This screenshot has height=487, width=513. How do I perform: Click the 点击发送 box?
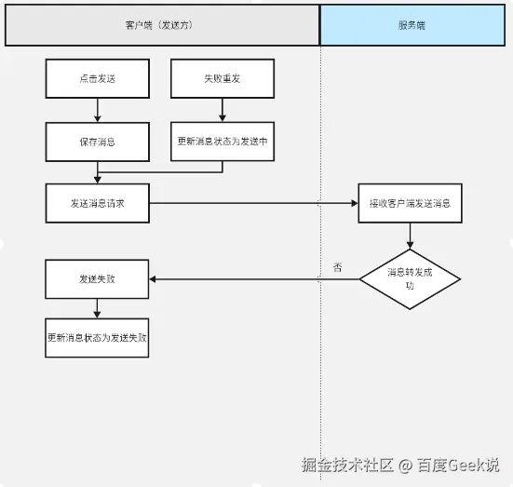click(x=97, y=79)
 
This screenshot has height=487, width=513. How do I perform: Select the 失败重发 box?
click(x=223, y=79)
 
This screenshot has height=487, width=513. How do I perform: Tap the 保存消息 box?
click(x=97, y=142)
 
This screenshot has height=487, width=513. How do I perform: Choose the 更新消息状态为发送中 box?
click(x=223, y=142)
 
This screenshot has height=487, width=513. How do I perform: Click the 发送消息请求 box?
click(x=97, y=203)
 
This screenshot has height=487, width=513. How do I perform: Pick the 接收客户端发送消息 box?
click(x=410, y=203)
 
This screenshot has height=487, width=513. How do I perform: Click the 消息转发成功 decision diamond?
click(x=410, y=278)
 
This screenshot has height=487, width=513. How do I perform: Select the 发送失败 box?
click(x=97, y=278)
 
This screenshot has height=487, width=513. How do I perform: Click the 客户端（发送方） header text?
click(x=163, y=25)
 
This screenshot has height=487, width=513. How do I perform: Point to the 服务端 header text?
click(x=410, y=25)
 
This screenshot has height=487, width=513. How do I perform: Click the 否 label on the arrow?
click(x=337, y=268)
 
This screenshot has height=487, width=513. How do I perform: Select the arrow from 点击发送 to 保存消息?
click(x=97, y=111)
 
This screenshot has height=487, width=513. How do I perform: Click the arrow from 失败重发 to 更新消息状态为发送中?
click(x=223, y=111)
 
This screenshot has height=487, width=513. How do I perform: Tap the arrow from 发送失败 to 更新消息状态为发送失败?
click(x=97, y=308)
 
